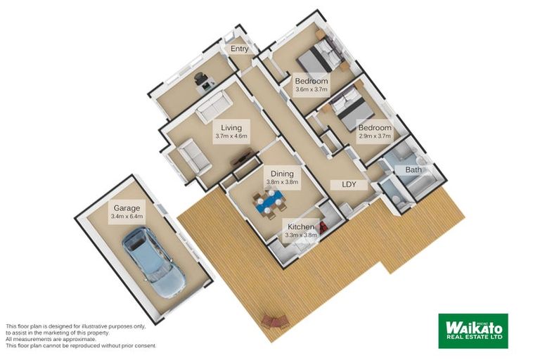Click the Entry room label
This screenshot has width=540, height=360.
click(239, 49)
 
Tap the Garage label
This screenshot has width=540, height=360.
click(127, 208)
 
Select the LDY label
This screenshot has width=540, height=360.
click(349, 185)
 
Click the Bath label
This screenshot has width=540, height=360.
click(413, 170)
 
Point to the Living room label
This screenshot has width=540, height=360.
click(231, 128)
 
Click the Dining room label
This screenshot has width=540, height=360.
click(282, 174)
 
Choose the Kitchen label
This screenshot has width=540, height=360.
click(301, 227)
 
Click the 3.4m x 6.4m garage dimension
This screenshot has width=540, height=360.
click(127, 217)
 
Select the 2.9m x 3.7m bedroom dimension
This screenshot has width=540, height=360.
click(375, 136)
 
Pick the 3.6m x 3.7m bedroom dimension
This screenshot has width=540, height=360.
click(311, 89)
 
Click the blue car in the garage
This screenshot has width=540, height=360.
click(153, 262)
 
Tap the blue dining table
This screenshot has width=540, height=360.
click(270, 202)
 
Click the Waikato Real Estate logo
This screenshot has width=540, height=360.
click(473, 330)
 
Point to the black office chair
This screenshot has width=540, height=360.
click(200, 78)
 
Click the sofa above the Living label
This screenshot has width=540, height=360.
click(214, 107)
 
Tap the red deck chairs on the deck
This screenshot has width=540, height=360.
click(274, 322)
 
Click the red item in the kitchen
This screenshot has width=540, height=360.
click(323, 228)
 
